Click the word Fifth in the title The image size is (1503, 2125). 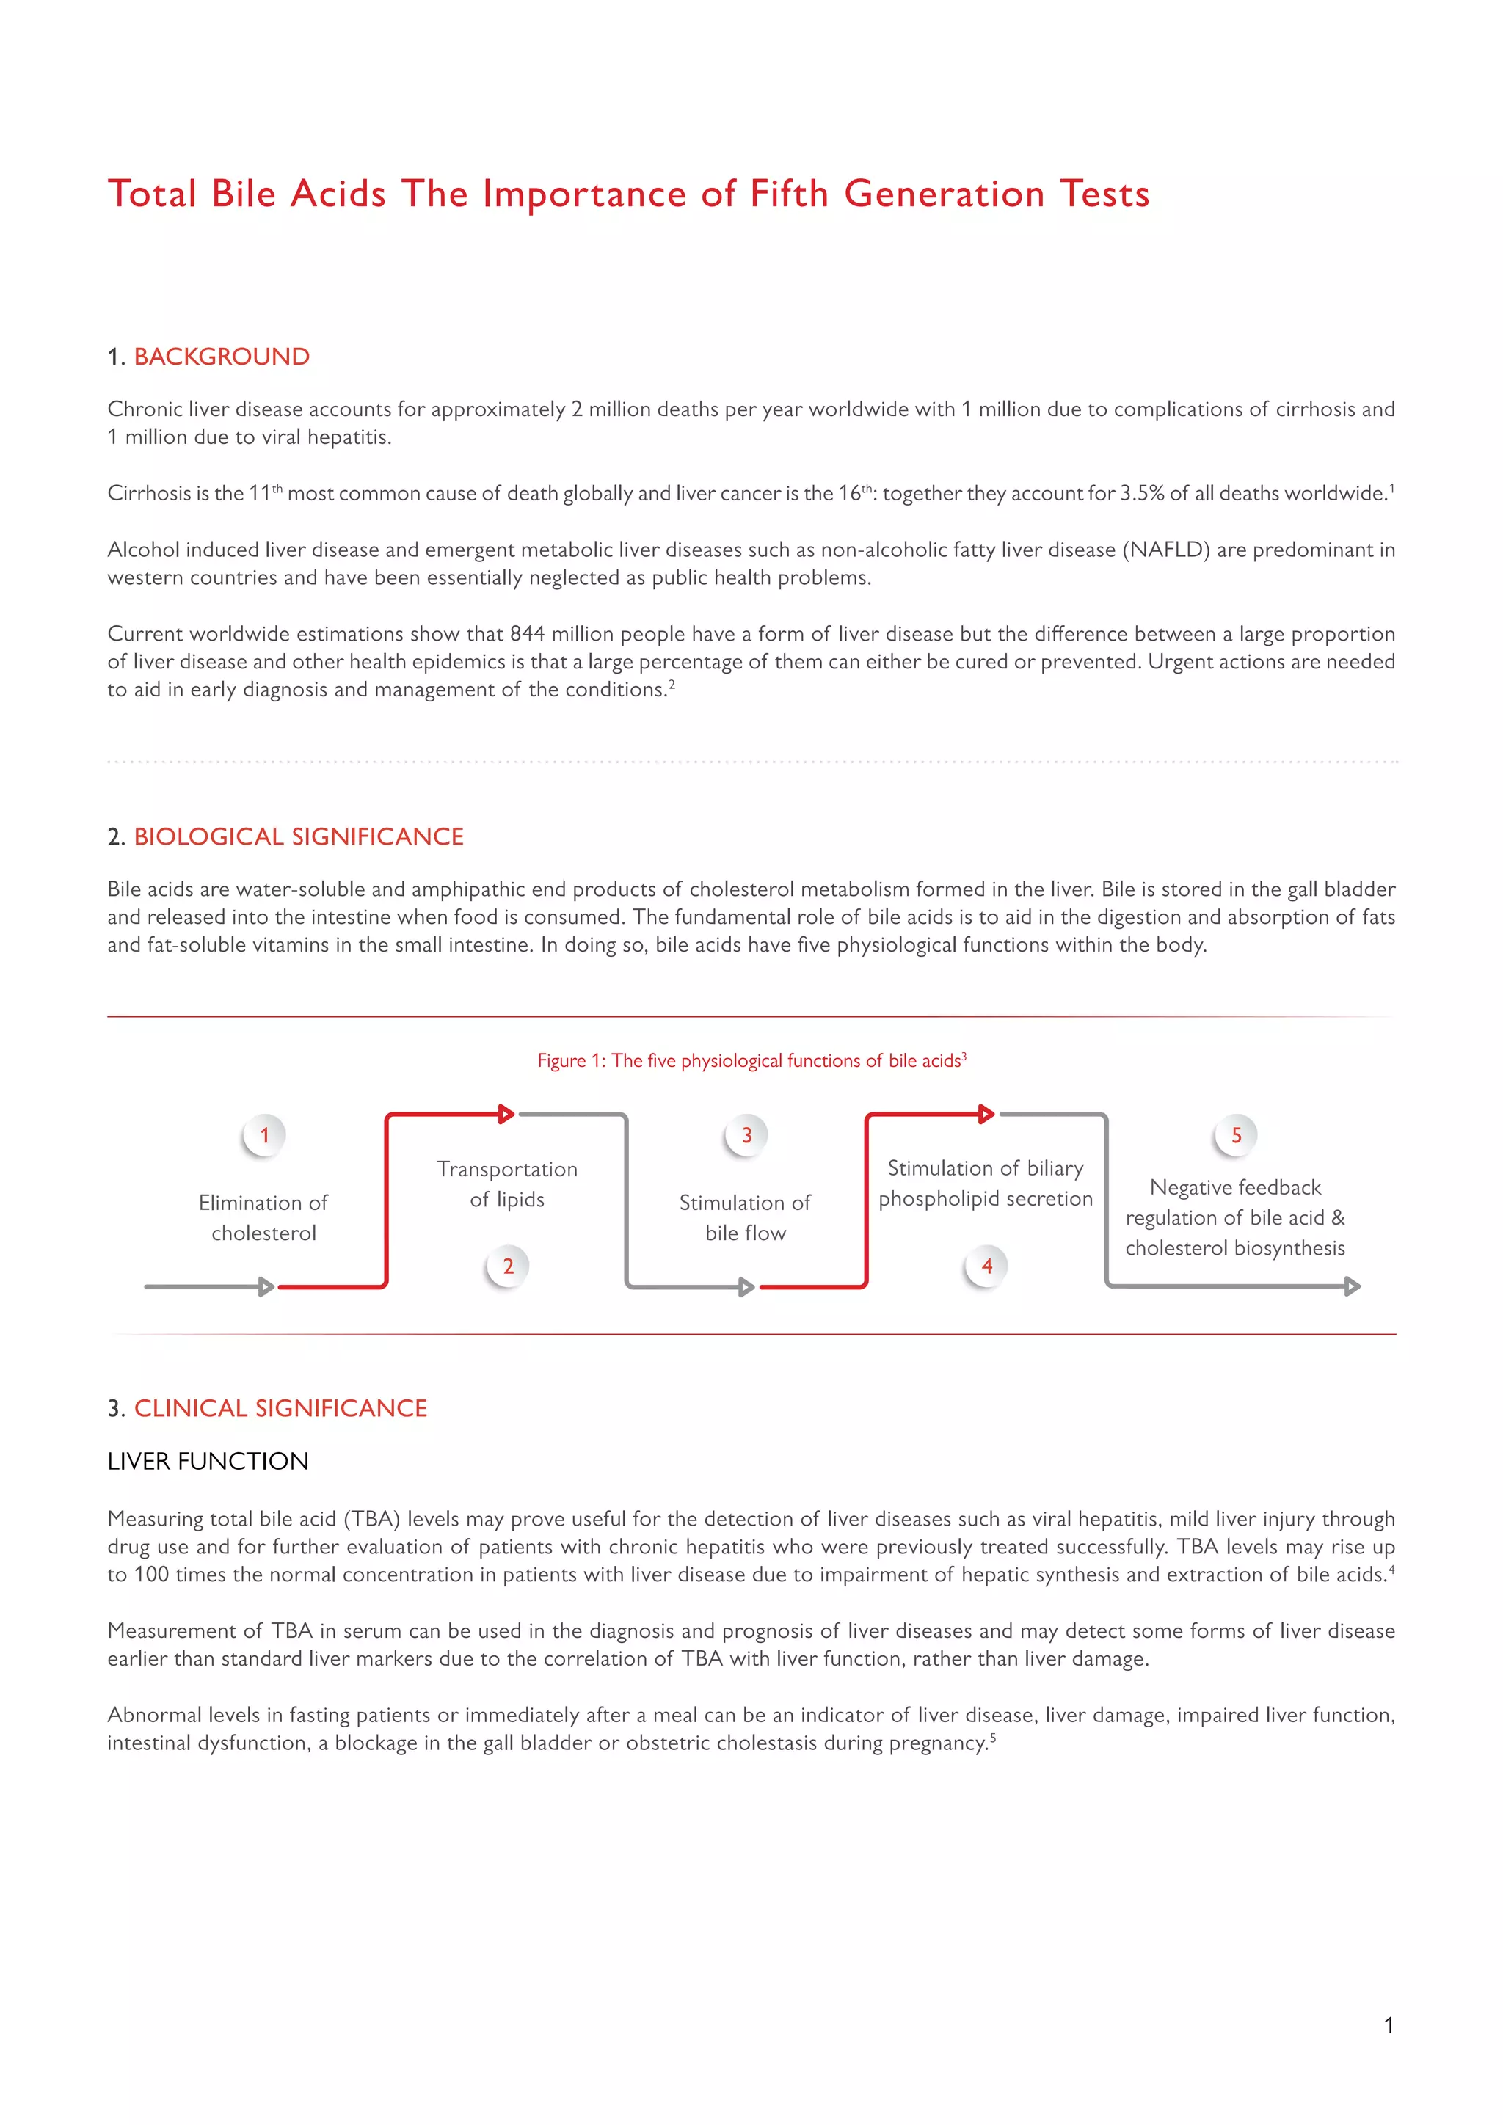pyautogui.click(x=788, y=194)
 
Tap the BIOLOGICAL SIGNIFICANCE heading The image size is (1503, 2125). pyautogui.click(x=298, y=836)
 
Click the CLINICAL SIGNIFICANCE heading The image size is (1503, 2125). pyautogui.click(x=280, y=1409)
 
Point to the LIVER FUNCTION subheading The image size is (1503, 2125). pyautogui.click(x=208, y=1462)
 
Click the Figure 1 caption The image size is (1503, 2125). pyautogui.click(x=751, y=1060)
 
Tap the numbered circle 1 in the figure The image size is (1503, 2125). pyautogui.click(x=265, y=1136)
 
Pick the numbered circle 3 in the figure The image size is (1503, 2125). pyautogui.click(x=747, y=1136)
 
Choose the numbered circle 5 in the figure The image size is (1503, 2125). pyautogui.click(x=1236, y=1136)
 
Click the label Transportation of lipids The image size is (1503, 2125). pyautogui.click(x=507, y=1184)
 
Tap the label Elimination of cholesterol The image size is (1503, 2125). pyautogui.click(x=263, y=1218)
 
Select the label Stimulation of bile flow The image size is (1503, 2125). pyautogui.click(x=745, y=1218)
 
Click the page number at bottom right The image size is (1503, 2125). pyautogui.click(x=1389, y=2026)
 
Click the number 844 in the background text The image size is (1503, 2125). pyautogui.click(x=527, y=634)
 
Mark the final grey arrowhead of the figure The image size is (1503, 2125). pyautogui.click(x=1352, y=1286)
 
